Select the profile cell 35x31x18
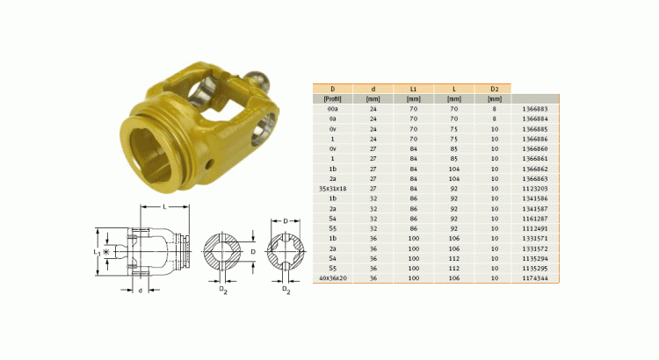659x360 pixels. tap(333, 188)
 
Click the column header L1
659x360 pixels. tap(412, 89)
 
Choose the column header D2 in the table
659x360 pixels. tap(494, 89)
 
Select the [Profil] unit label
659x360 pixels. tap(333, 98)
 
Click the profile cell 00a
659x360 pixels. tap(333, 108)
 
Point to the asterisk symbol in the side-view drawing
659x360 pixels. tap(107, 253)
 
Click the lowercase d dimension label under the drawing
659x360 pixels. tap(141, 291)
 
